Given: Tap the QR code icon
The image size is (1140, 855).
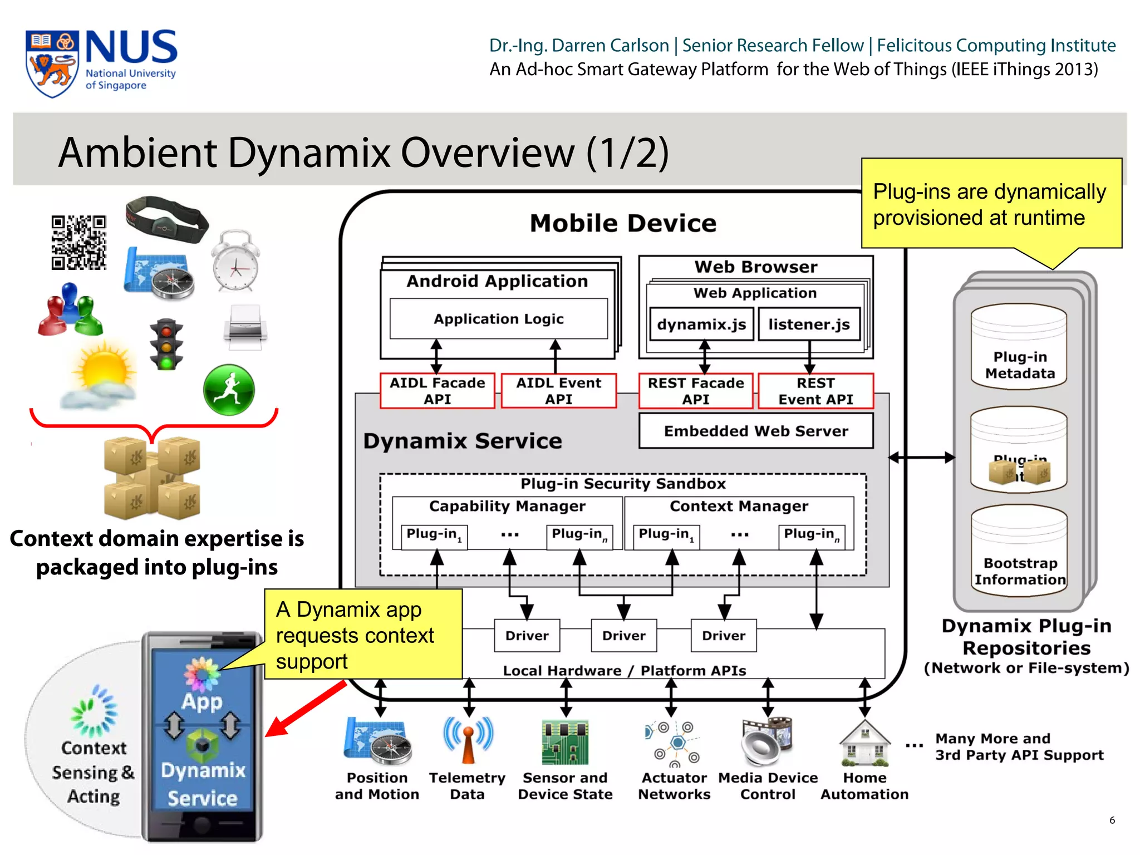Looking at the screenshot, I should [78, 243].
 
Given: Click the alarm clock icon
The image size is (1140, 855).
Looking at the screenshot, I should [236, 262].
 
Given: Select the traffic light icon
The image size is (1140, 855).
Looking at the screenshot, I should [166, 345].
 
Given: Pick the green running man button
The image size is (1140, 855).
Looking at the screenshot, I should [229, 390].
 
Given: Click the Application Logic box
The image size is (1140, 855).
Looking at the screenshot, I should [498, 319].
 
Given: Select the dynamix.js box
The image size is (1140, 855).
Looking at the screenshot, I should [701, 325].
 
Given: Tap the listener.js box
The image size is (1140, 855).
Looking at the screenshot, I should [809, 325].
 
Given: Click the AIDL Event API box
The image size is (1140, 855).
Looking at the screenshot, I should [558, 391].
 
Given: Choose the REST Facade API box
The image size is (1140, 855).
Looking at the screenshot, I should [695, 391].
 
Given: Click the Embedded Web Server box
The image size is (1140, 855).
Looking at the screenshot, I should [755, 431].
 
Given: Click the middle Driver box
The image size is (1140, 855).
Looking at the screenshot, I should [623, 635].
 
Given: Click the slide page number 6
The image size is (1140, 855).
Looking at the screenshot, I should [1112, 820].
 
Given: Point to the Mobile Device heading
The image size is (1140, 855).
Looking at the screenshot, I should [623, 223].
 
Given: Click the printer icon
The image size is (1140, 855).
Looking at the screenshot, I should [245, 327].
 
